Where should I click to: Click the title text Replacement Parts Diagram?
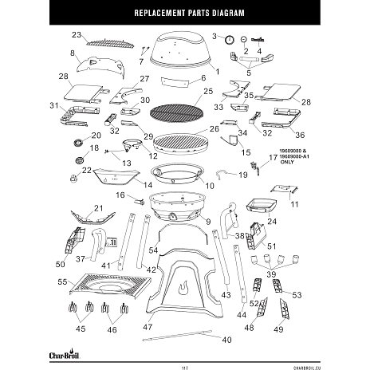184,15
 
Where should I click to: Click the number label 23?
77,35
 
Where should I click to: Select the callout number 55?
62,282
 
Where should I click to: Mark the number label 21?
99,208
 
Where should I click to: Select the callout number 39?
271,274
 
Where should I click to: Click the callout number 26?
215,128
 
